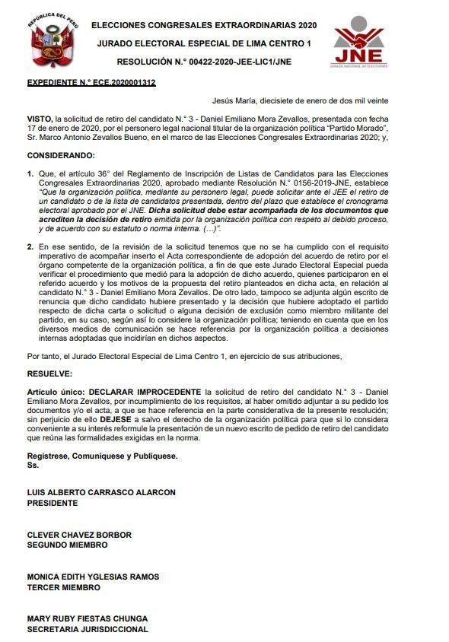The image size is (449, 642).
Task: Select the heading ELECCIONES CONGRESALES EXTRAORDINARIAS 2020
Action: tap(203, 25)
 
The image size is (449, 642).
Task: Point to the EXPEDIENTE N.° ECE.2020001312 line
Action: tap(91, 82)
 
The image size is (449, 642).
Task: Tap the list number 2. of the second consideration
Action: tap(30, 246)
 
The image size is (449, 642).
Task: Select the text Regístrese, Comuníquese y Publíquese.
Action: tap(102, 456)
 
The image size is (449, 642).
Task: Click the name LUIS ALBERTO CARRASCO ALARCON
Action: tap(101, 493)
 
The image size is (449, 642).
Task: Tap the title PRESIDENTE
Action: tap(53, 502)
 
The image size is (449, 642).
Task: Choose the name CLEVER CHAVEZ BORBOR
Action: tap(79, 535)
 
